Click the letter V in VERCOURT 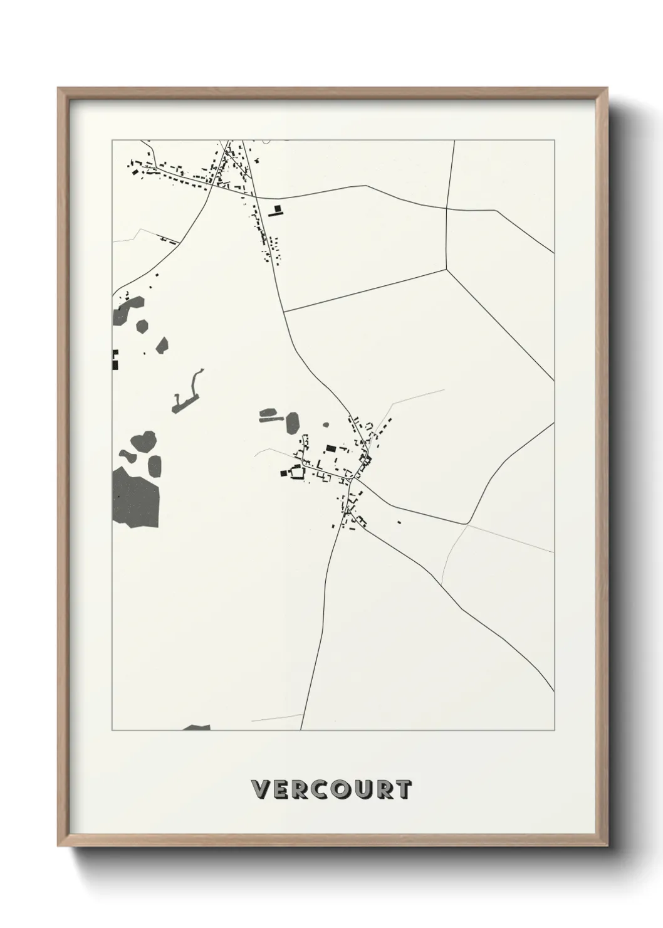click(261, 789)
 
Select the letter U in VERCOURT click(342, 789)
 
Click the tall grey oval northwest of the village click(293, 423)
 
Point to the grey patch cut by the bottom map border click(197, 728)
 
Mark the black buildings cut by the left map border click(115, 360)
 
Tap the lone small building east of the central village click(399, 522)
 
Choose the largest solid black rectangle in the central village click(330, 448)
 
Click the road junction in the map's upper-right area click(446, 270)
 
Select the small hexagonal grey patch click(142, 326)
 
